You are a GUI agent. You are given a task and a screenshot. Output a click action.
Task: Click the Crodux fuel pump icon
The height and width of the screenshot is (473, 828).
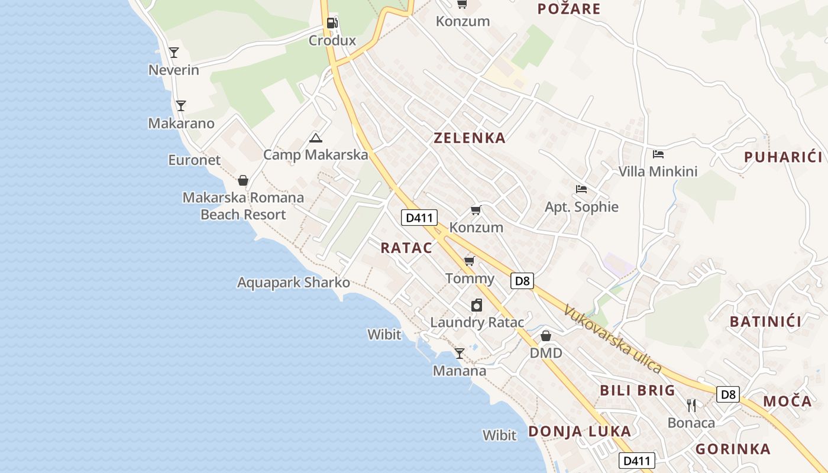coord(332,23)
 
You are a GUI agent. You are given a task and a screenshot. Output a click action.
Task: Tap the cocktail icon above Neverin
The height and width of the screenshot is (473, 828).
coord(174,53)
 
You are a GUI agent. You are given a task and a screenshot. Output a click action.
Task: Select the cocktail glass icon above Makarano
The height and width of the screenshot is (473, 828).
coord(181,106)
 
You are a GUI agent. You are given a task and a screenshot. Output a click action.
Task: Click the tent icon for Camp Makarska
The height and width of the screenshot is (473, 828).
coord(316,138)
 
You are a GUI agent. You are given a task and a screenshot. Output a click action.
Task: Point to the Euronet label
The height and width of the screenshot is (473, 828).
coord(194,160)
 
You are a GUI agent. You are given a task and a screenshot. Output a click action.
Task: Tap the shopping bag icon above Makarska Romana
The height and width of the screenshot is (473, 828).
coord(242,180)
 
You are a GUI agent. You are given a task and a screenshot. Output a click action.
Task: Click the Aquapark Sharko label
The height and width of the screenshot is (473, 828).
coord(293,283)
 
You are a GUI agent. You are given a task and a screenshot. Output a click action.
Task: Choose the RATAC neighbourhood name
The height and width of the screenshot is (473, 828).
coord(406,248)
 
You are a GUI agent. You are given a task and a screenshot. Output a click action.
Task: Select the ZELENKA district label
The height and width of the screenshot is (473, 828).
coord(470,138)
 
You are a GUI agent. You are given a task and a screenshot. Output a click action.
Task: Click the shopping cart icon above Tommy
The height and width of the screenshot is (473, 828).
coord(470,261)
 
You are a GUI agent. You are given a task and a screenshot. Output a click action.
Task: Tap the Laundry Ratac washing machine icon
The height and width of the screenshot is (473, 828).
coord(477,305)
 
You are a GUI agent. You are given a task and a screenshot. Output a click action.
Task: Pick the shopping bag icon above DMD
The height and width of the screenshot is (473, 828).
coord(546,336)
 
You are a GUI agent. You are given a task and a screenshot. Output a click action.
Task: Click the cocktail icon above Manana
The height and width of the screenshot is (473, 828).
coord(460,354)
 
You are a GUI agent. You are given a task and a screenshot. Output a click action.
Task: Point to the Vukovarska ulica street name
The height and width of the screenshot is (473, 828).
coord(612,339)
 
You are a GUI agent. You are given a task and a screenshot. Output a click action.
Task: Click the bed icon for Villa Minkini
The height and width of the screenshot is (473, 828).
coord(658,154)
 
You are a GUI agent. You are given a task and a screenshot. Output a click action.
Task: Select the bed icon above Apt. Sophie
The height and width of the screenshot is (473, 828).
coord(581,189)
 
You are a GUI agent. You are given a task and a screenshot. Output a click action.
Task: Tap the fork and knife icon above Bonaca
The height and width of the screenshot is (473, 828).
coord(691,405)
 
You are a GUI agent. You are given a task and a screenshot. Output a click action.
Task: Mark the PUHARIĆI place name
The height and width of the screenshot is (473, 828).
coord(783,157)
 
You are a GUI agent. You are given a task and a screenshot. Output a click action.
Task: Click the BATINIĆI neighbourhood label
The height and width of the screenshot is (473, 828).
coord(765,322)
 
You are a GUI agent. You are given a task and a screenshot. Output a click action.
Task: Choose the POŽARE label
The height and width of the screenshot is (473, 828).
coord(568,9)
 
